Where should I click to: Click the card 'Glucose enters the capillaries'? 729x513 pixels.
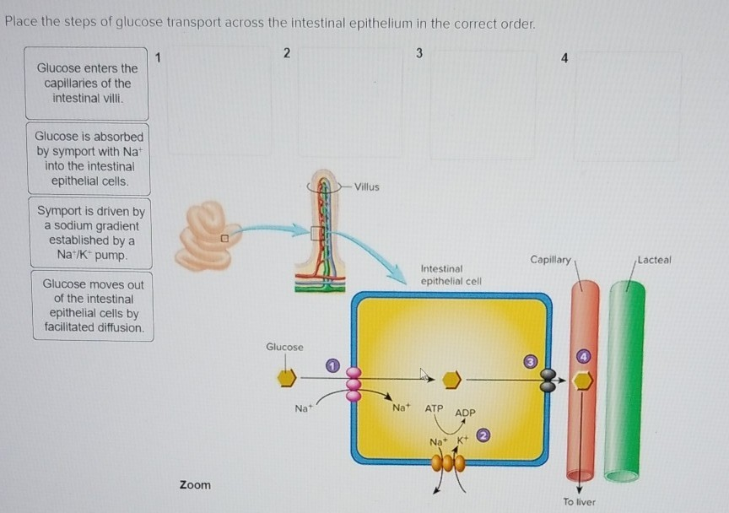pyautogui.click(x=87, y=83)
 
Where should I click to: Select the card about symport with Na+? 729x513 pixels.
pyautogui.click(x=89, y=159)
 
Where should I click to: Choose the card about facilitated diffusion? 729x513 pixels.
pyautogui.click(x=93, y=305)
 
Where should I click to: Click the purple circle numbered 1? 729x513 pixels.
pyautogui.click(x=332, y=365)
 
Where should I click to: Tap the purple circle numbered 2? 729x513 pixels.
pyautogui.click(x=483, y=436)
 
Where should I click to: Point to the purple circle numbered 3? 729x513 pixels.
pyautogui.click(x=531, y=362)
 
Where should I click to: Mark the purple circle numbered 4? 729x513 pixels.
pyautogui.click(x=582, y=357)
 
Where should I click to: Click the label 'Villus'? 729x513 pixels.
pyautogui.click(x=366, y=186)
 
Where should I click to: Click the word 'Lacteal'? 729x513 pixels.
pyautogui.click(x=654, y=260)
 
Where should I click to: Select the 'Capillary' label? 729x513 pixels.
pyautogui.click(x=550, y=258)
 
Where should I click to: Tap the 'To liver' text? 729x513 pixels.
pyautogui.click(x=579, y=502)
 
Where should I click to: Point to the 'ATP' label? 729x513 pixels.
pyautogui.click(x=434, y=408)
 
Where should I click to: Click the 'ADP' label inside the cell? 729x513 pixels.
pyautogui.click(x=465, y=413)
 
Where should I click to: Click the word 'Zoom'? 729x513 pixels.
pyautogui.click(x=195, y=485)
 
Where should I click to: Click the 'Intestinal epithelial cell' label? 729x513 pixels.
pyautogui.click(x=450, y=274)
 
